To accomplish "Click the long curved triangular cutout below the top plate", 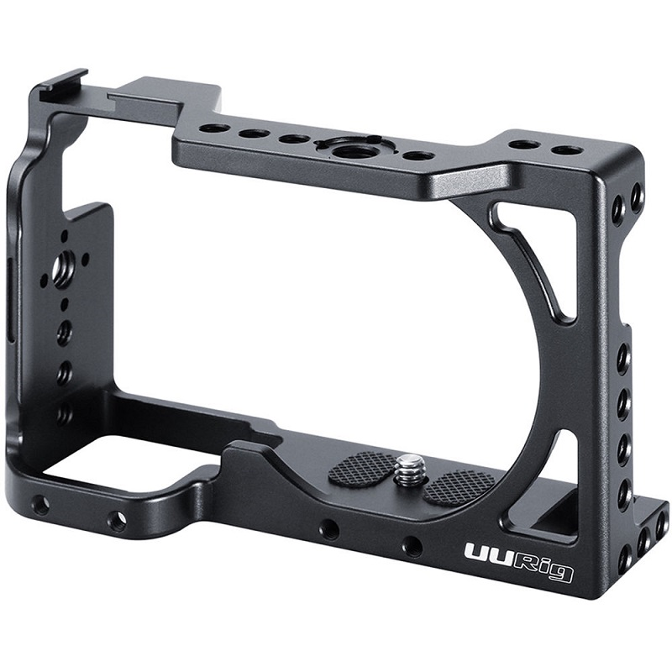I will coord(538,260).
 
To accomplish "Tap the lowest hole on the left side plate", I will coord(64,412).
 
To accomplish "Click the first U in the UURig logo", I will coord(475,556).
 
